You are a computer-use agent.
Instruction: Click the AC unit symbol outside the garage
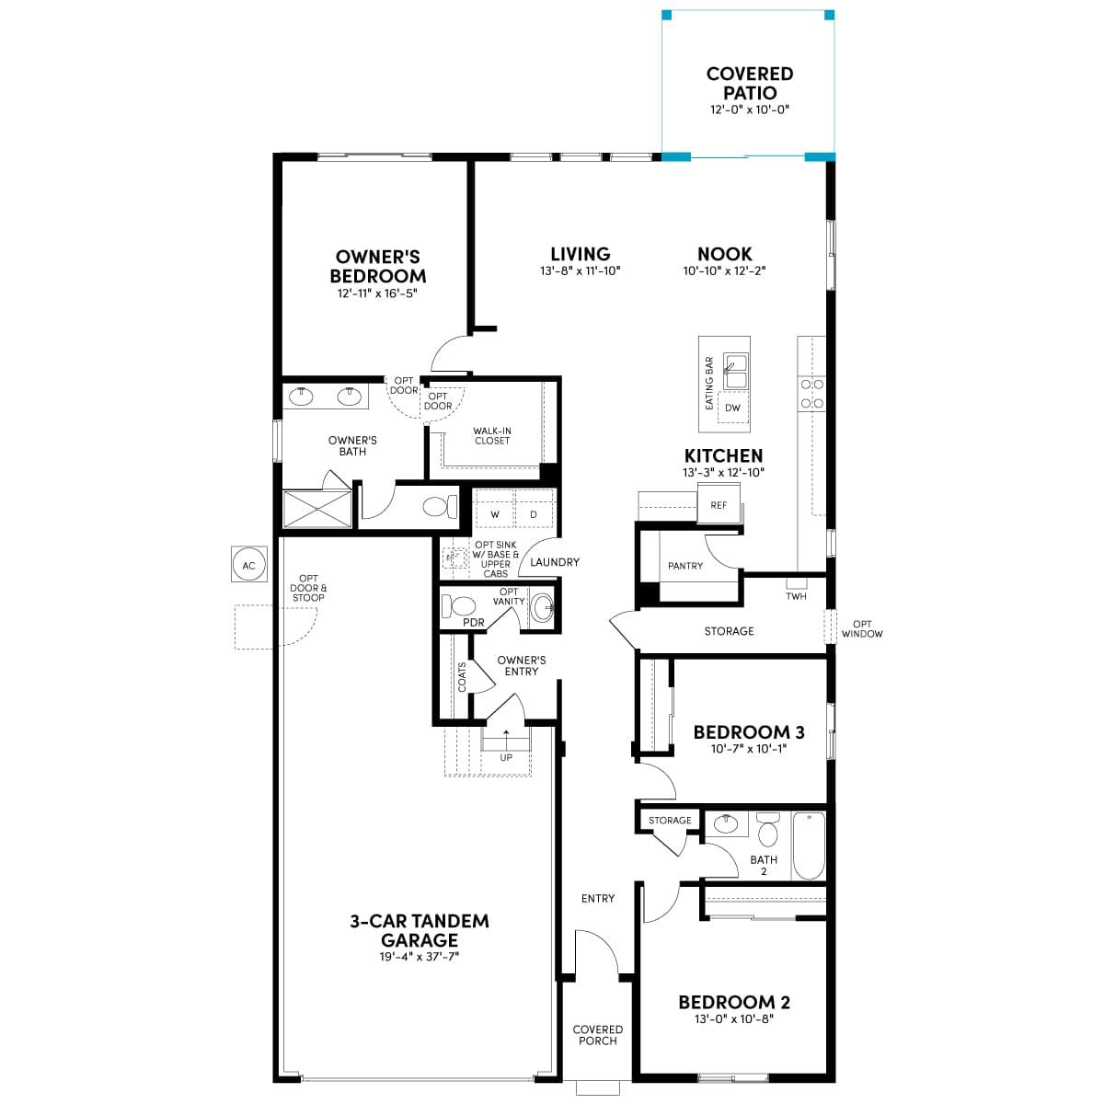point(248,564)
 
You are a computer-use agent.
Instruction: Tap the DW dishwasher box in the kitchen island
point(732,407)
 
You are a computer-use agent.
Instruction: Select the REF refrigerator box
point(719,504)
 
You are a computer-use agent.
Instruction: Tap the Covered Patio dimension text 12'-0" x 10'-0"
point(750,109)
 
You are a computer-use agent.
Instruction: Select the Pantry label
point(685,566)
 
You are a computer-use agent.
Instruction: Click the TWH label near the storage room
point(797,596)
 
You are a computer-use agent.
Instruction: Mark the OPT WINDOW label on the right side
point(862,629)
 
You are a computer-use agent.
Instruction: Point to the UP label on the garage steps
point(506,757)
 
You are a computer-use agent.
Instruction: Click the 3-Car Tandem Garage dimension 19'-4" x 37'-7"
point(420,957)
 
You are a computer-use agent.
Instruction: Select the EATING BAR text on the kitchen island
point(709,384)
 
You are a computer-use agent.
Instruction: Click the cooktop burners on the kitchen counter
point(811,394)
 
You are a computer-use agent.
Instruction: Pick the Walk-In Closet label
point(492,436)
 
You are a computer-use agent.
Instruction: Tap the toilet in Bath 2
point(766,830)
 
